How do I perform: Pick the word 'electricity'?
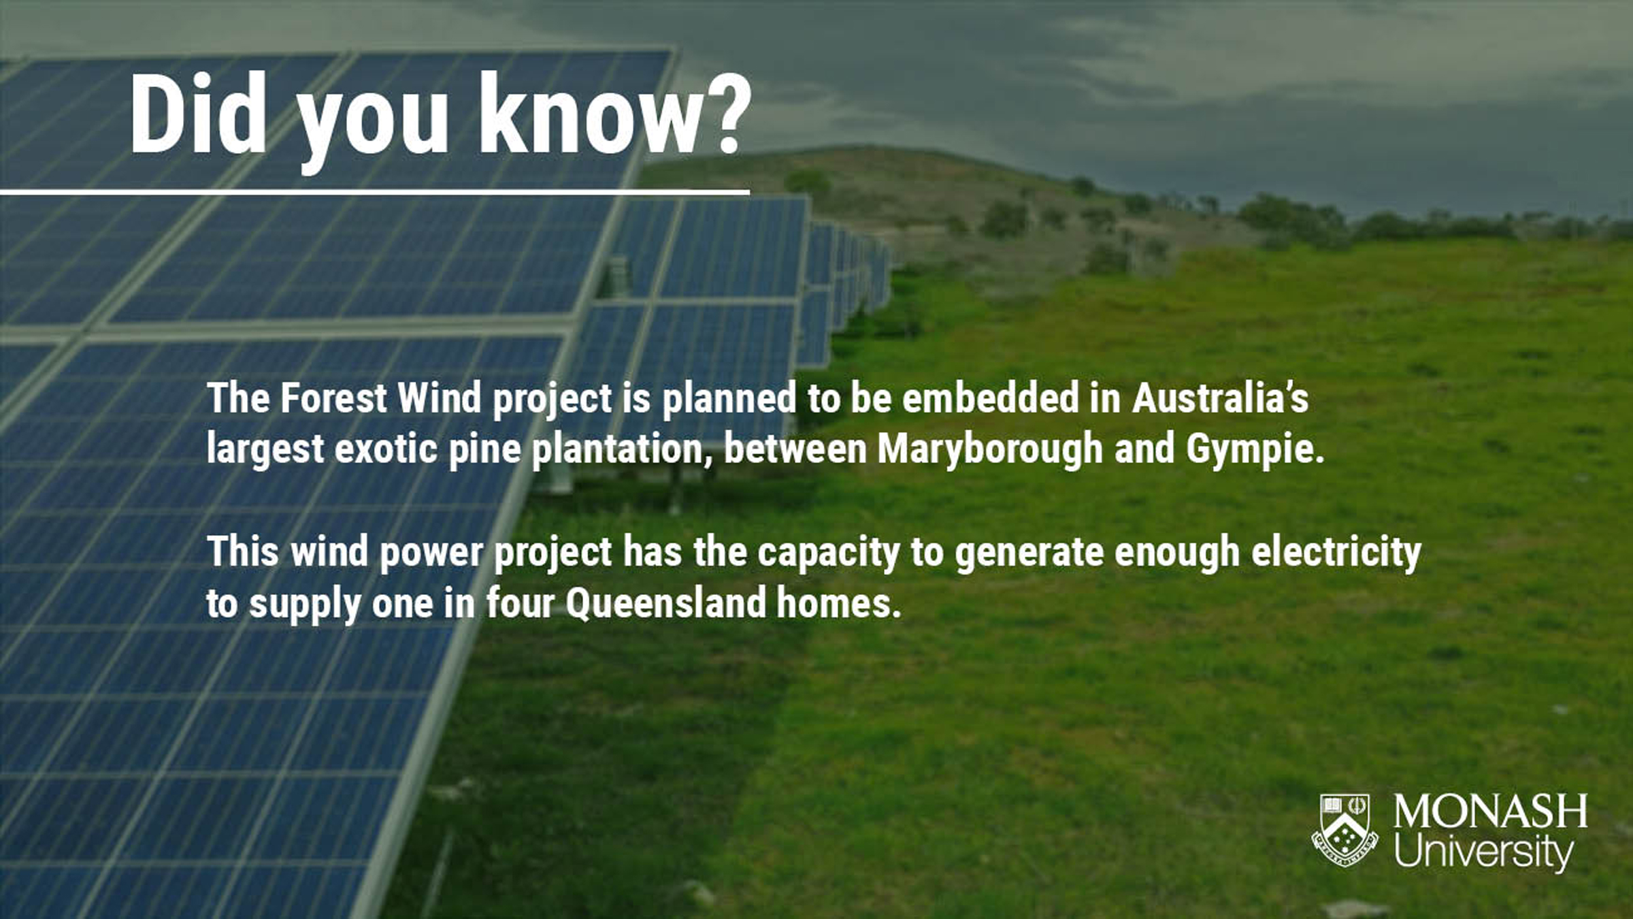tap(1336, 551)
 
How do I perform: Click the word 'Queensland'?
tap(665, 603)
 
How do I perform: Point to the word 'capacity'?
tap(829, 553)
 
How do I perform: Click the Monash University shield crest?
tap(1345, 830)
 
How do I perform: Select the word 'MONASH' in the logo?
tap(1490, 811)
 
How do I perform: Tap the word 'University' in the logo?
tap(1484, 851)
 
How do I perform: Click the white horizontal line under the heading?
tap(375, 193)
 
